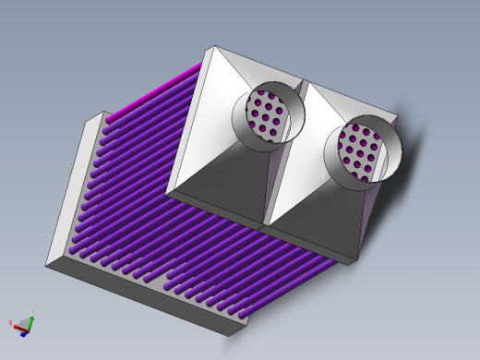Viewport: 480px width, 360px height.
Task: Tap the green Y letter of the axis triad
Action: pos(33,312)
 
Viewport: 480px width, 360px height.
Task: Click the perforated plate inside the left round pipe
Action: pos(268,115)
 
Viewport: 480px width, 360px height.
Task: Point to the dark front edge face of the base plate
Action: pos(138,295)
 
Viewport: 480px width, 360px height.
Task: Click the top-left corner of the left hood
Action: pos(213,47)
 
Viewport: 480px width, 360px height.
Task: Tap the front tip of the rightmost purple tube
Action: pos(246,316)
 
